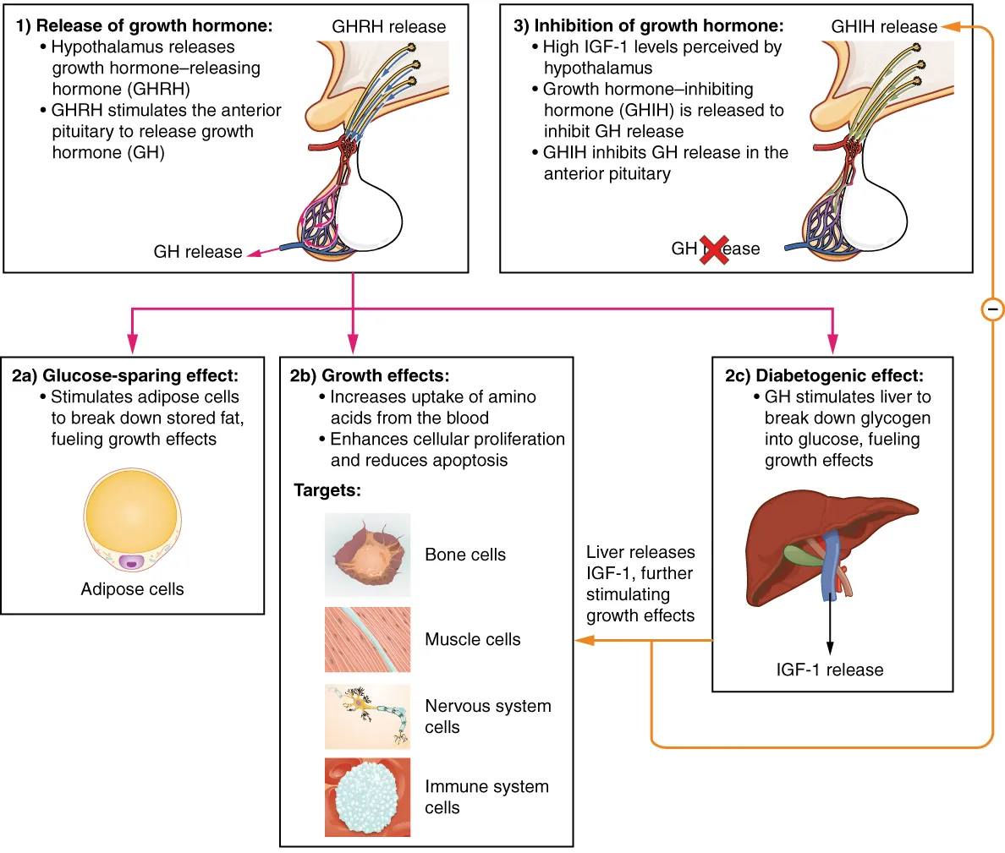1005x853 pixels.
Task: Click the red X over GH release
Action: [x=715, y=249]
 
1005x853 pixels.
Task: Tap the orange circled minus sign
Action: [x=992, y=309]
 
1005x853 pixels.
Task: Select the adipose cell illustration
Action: [x=133, y=521]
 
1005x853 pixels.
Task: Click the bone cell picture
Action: [x=367, y=555]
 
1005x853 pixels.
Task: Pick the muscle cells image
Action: [x=367, y=639]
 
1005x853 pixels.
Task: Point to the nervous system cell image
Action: [x=367, y=716]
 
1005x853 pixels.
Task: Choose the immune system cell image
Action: [x=367, y=796]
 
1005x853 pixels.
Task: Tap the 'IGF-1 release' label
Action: [x=829, y=670]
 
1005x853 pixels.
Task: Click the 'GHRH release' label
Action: [x=388, y=27]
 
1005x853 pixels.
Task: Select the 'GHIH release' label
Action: [x=883, y=27]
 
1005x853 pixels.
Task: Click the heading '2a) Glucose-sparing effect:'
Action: [x=125, y=375]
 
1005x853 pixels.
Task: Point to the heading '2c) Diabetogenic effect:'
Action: [x=824, y=375]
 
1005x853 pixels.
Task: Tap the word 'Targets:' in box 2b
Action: [x=327, y=490]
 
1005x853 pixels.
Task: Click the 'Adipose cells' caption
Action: [x=132, y=589]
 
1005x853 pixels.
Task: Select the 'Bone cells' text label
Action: [x=465, y=555]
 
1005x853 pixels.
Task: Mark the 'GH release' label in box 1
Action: [x=197, y=252]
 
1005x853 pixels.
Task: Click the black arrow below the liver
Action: [x=829, y=630]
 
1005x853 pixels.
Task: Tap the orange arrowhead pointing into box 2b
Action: [x=583, y=641]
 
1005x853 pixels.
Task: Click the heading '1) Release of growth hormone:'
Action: [x=144, y=25]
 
